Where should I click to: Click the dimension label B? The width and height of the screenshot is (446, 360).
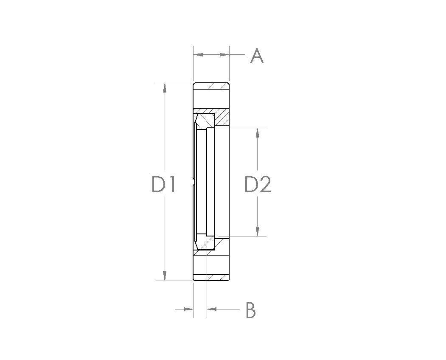click(x=251, y=310)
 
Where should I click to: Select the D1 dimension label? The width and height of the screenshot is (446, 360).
click(x=163, y=184)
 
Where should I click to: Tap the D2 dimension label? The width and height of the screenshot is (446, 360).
click(x=258, y=184)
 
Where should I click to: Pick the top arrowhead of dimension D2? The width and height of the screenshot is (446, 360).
click(x=258, y=132)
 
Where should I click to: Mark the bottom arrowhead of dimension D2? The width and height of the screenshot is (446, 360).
click(x=258, y=231)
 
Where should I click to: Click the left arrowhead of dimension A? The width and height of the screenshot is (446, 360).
click(x=198, y=54)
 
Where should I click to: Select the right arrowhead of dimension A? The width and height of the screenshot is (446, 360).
click(x=224, y=54)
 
